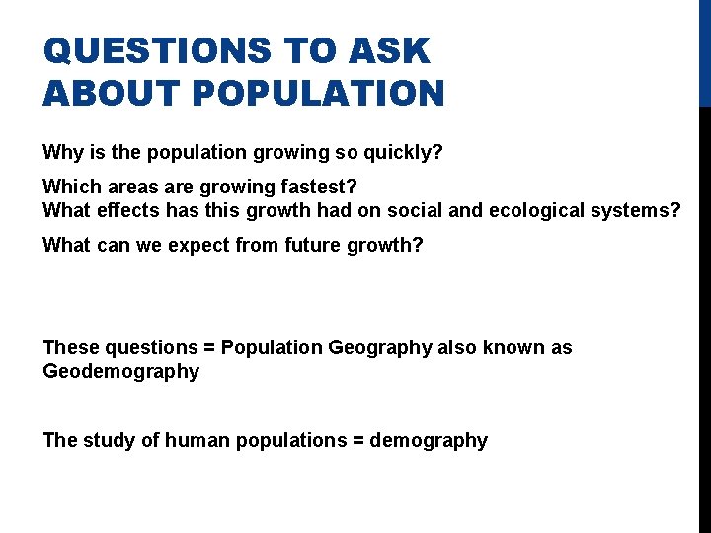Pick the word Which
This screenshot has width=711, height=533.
pyautogui.click(x=70, y=187)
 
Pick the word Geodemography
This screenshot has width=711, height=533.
pyautogui.click(x=120, y=372)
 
